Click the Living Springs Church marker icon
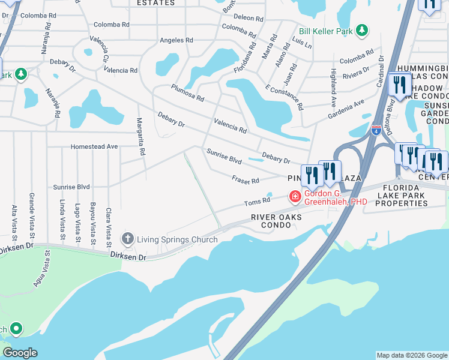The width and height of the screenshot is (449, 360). pos(127,239)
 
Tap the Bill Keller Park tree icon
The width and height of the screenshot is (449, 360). pos(361,30)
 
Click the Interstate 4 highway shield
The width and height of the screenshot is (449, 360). pos(375,130)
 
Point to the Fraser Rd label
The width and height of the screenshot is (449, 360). pos(246,179)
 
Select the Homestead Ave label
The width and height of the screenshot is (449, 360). pos(94,146)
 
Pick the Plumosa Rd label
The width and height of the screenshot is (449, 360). pos(187,93)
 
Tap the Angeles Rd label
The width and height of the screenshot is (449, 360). pos(176,40)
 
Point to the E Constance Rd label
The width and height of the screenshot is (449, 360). pos(284,96)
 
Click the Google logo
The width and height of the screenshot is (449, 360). pos(20,353)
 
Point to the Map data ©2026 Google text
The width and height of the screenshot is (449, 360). pos(411,355)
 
